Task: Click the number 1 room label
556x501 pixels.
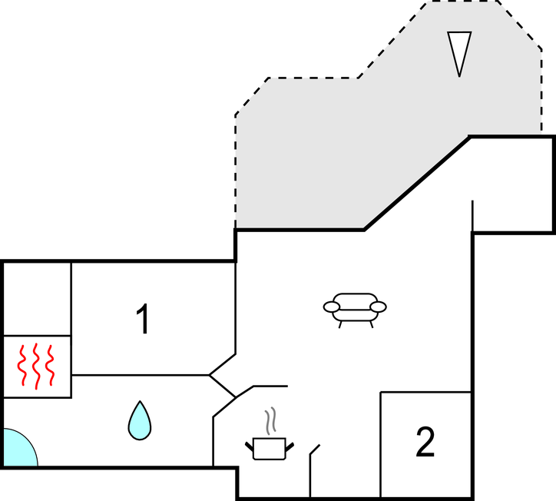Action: pos(142,320)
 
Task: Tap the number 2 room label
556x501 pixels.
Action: pos(425,443)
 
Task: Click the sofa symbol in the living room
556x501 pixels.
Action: pos(355,307)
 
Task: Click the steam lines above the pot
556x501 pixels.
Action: pos(270,422)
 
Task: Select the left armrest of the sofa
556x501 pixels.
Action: pos(332,307)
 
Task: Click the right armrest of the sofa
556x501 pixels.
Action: pos(378,307)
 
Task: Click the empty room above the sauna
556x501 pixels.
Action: pos(38,298)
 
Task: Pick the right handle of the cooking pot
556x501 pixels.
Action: pos(290,444)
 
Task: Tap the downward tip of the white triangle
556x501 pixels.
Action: pos(459,75)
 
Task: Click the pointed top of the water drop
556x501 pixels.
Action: pos(140,403)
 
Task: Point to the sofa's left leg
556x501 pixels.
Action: pos(340,323)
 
